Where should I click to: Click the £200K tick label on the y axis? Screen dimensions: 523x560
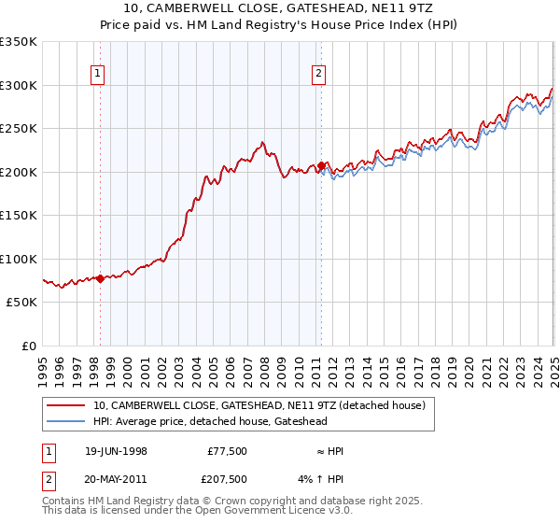pos(19,172)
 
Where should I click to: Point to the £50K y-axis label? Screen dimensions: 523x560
pos(21,303)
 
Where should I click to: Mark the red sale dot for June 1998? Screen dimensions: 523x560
pos(101,278)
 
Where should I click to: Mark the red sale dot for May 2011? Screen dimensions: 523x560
pos(321,166)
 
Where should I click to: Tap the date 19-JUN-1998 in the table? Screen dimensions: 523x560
pos(116,451)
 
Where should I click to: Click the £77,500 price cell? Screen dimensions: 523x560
pos(227,451)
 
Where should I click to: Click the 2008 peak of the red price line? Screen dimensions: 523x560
pos(263,142)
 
